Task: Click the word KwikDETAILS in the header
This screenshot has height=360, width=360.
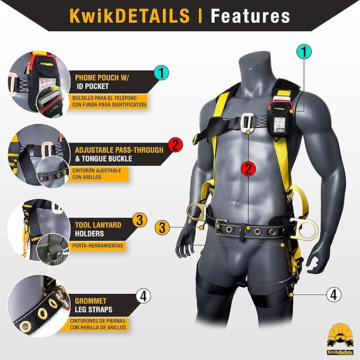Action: point(129,15)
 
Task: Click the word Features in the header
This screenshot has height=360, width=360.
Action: point(250,15)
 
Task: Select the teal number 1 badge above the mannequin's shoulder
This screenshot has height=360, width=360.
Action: point(304,51)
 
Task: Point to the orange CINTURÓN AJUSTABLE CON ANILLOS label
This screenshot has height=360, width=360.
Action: point(97,174)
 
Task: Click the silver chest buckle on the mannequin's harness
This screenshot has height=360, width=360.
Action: point(249,122)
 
